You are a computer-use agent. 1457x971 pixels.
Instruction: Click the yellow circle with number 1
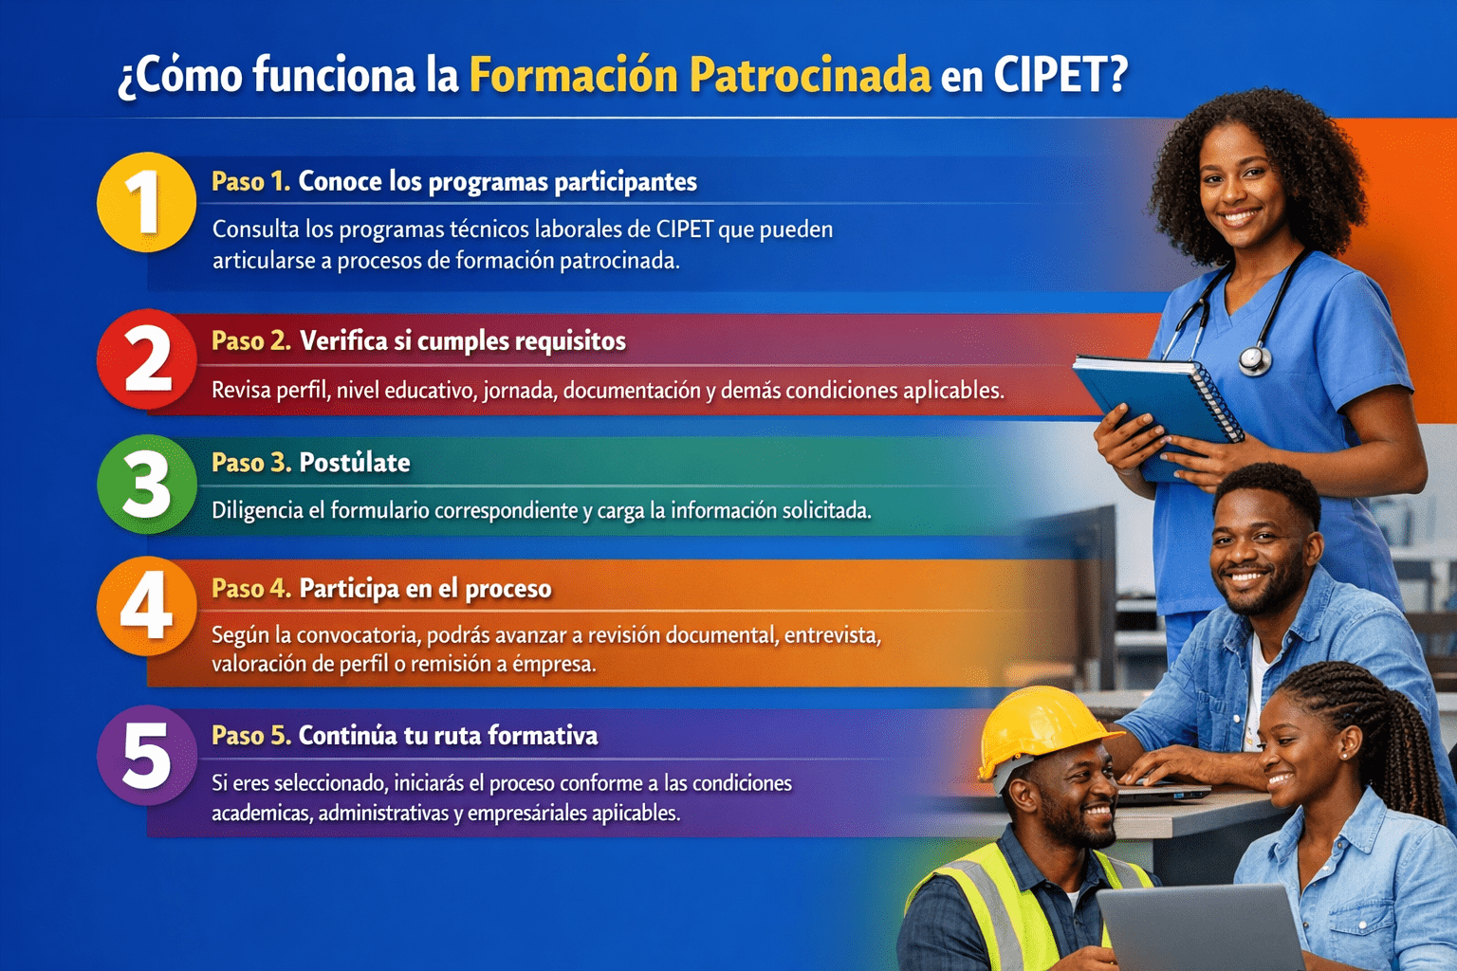146,202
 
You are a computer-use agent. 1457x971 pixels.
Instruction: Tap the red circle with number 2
146,359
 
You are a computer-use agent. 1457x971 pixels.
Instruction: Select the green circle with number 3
146,485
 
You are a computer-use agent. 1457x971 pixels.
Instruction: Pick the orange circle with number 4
146,606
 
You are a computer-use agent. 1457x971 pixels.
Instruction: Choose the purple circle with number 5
146,755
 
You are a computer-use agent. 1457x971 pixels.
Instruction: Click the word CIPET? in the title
1060,76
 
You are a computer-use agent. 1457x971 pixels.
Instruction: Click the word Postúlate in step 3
355,463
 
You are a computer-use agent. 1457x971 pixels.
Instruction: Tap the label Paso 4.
251,589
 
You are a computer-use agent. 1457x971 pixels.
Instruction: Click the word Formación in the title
574,76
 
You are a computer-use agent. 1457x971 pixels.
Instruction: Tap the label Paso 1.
250,181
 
